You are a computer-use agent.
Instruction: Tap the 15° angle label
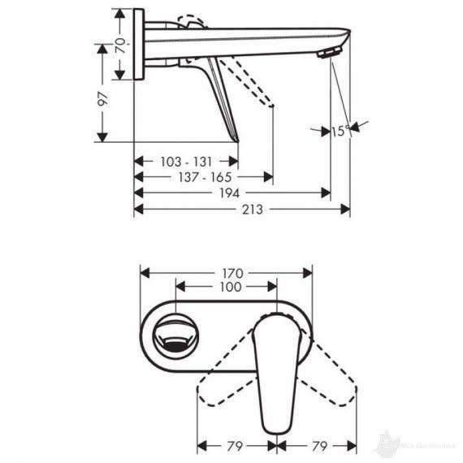click(340, 129)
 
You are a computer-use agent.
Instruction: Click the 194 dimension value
click(230, 193)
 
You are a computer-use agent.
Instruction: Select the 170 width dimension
click(227, 273)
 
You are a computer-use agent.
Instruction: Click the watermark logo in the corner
click(414, 445)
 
